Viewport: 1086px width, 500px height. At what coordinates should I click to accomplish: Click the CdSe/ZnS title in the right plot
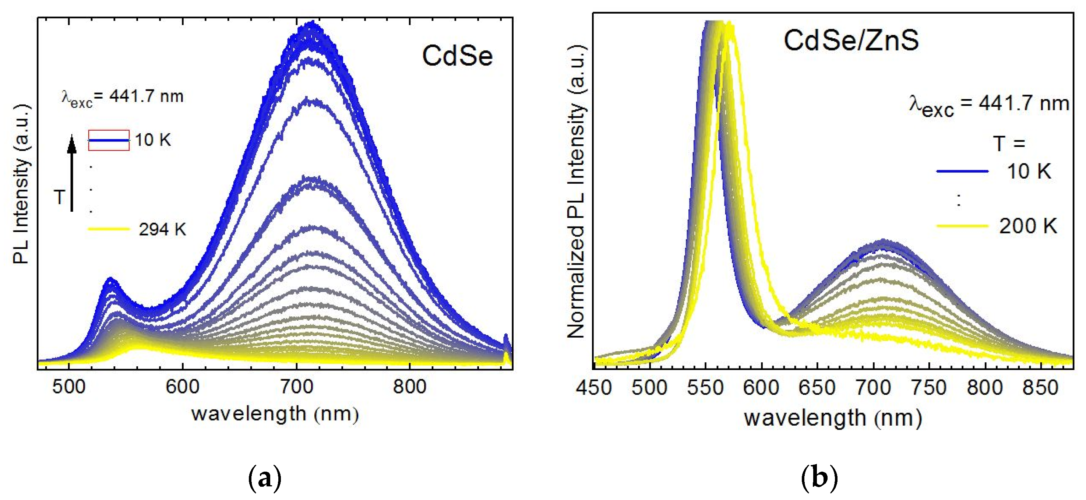851,41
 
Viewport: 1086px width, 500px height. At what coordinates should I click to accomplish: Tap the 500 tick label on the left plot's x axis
68,387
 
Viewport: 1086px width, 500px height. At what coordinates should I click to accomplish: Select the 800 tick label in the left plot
409,387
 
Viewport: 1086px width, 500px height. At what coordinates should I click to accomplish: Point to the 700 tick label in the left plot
296,387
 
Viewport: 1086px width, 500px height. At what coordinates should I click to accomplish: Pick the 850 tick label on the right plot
1040,388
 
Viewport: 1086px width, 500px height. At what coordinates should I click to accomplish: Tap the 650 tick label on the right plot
817,388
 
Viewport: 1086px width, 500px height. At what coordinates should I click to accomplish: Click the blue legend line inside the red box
109,140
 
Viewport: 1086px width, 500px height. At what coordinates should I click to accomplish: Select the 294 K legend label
162,230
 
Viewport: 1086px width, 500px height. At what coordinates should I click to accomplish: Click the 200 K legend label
1028,226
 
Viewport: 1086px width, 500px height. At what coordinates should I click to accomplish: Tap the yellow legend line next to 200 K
962,226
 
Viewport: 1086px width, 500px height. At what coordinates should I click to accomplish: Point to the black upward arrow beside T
72,173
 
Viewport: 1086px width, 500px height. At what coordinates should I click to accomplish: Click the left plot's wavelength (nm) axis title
275,414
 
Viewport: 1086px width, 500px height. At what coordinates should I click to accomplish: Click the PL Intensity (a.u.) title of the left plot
21,183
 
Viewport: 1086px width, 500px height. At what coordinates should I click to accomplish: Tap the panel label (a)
265,478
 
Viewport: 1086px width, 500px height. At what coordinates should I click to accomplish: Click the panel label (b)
819,478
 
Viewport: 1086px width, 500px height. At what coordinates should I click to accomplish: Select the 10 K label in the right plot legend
1029,172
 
